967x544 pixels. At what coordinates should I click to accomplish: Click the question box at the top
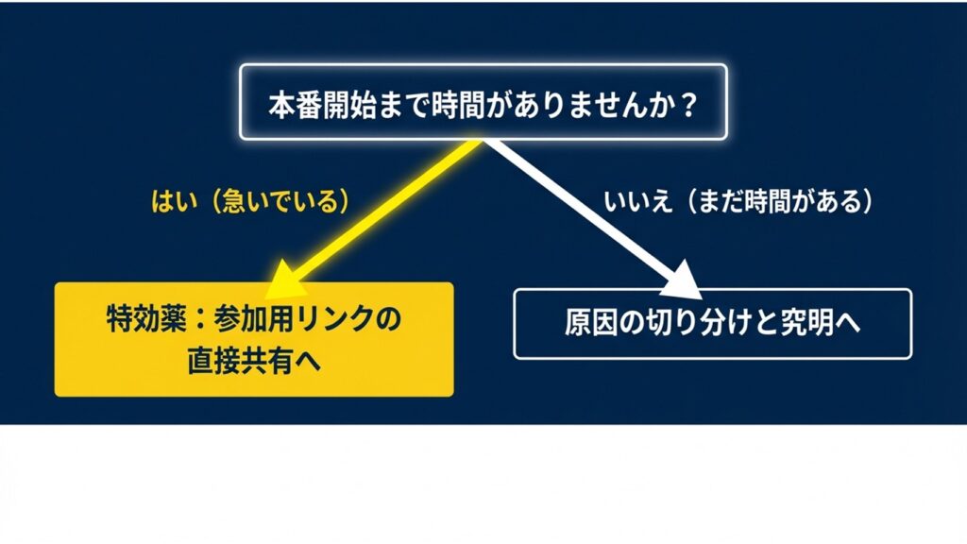tap(483, 102)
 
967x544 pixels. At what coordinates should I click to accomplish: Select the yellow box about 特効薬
tap(254, 339)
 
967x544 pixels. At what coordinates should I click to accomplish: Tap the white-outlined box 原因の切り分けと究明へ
tap(712, 324)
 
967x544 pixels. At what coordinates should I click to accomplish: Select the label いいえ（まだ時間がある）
tap(736, 202)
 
